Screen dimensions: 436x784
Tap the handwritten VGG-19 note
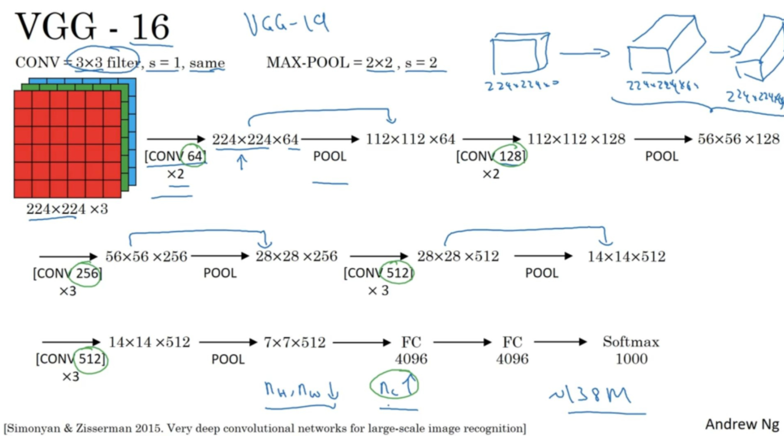286,24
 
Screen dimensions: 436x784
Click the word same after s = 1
207,63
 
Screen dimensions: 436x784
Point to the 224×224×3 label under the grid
67,209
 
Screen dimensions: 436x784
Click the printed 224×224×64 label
255,139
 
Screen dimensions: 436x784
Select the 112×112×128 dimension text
576,139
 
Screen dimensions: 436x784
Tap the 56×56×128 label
738,139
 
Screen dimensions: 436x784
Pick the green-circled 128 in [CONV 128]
510,156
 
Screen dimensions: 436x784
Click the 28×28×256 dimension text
296,256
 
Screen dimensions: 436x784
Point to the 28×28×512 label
458,256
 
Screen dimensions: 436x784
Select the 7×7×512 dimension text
294,342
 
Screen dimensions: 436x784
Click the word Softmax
630,342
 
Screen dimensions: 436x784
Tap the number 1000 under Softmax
631,359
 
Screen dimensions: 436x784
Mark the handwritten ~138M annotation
590,395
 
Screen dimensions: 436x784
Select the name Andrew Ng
742,424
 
